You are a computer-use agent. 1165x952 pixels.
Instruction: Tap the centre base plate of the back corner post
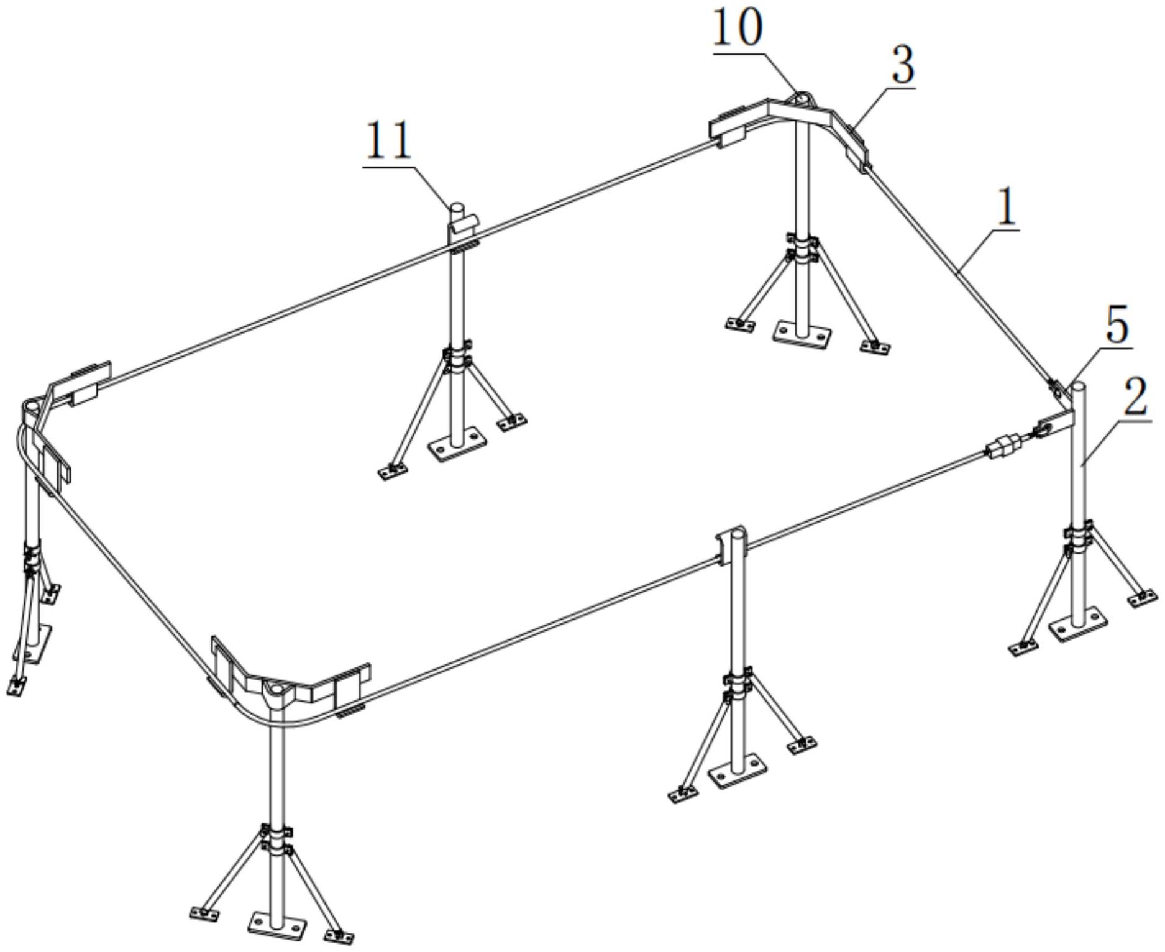click(803, 334)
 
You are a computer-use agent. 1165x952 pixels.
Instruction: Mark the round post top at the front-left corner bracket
click(274, 689)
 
